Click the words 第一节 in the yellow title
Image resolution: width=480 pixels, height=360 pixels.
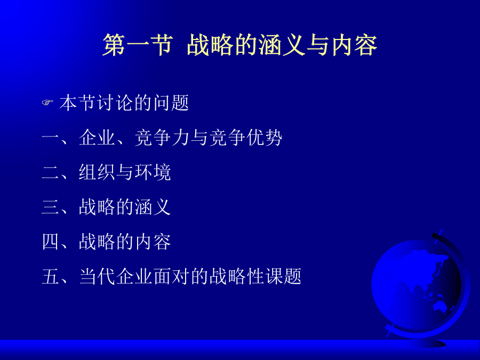coord(138,45)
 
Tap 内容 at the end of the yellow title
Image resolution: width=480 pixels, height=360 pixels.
coord(354,45)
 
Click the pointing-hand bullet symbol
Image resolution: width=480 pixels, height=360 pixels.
coord(47,102)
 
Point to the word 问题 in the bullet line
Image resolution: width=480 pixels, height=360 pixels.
coord(171,102)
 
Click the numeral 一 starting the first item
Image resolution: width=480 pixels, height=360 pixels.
coord(51,138)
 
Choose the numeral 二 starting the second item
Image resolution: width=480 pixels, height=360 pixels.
coord(51,172)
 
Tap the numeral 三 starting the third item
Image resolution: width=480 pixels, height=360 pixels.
coord(51,207)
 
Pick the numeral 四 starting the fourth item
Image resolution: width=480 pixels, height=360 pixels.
coord(51,242)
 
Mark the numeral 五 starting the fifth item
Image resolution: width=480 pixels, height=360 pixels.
coord(51,276)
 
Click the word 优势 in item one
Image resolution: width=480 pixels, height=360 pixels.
coord(264,138)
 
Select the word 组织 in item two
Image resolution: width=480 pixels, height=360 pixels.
coord(97,172)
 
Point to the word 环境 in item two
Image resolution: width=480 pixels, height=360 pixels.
coord(153,172)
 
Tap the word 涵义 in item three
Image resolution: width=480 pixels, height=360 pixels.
coord(153,207)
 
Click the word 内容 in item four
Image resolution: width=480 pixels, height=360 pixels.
coord(153,242)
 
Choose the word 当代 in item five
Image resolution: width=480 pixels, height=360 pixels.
coord(97,276)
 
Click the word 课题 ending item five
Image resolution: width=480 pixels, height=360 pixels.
coord(284,276)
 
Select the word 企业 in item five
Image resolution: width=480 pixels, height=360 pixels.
coord(134,276)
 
